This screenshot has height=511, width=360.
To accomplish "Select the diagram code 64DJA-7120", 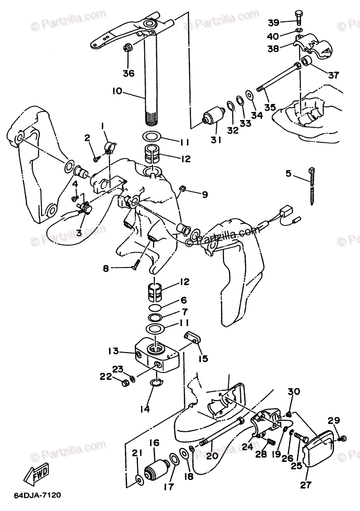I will pos(37,495).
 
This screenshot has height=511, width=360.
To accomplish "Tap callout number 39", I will pos(274,22).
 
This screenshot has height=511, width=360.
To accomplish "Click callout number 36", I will pos(128,73).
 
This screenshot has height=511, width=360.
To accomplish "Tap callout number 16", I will pos(154,443).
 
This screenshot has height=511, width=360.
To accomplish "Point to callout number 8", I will pos(106,268).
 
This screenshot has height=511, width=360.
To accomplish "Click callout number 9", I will pos(204,195).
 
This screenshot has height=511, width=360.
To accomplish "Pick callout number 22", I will pos(106,376).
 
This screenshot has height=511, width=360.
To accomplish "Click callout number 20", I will pos(213,455).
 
